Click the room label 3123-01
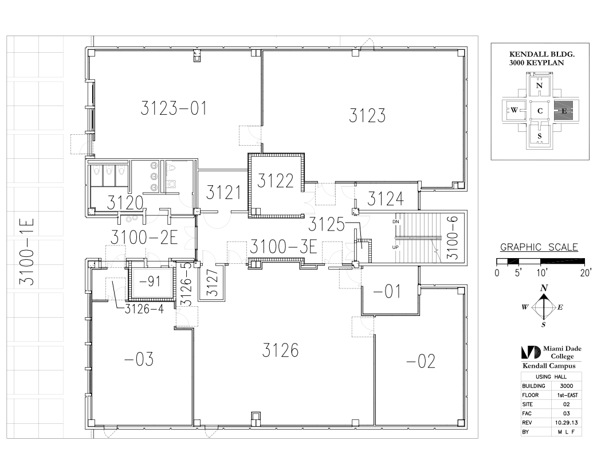pos(173,108)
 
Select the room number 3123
pos(367,115)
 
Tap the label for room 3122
pos(275,181)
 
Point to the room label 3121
pos(223,192)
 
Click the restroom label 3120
pos(125,202)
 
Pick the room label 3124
pos(385,199)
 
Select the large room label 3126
pos(280,350)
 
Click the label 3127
pos(212,283)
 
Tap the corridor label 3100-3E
pos(284,247)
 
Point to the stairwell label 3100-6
pos(452,237)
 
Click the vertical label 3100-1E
pos(27,252)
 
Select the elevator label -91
pos(150,282)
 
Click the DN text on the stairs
pos(395,221)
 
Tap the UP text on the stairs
pos(395,247)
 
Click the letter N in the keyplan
pos(540,85)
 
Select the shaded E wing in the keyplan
pos(564,111)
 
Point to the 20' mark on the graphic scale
pos(586,273)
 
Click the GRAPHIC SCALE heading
pos(539,247)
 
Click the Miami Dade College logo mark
pos(531,352)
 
